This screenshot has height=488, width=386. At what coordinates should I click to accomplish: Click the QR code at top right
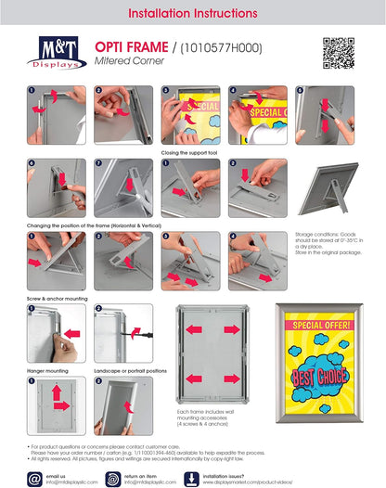pyautogui.click(x=339, y=53)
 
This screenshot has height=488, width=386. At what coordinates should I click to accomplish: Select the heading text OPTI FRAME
pyautogui.click(x=120, y=46)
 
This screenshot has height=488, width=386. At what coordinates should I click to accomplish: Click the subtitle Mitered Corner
pyautogui.click(x=116, y=61)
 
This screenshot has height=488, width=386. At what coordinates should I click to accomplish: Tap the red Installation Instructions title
pyautogui.click(x=192, y=13)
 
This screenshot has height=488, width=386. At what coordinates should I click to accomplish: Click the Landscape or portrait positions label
pyautogui.click(x=130, y=369)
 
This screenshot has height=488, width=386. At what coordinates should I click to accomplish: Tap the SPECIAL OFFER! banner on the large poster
pyautogui.click(x=318, y=326)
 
